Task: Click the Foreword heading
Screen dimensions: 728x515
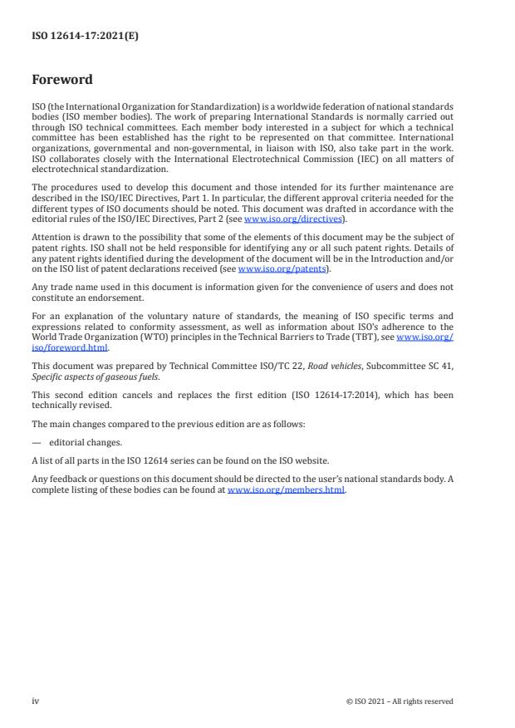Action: tap(62, 81)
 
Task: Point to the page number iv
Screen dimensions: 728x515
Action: tap(36, 701)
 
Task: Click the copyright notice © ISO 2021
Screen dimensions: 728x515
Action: tap(400, 701)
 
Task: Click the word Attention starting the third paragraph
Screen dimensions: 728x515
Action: tap(51, 236)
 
